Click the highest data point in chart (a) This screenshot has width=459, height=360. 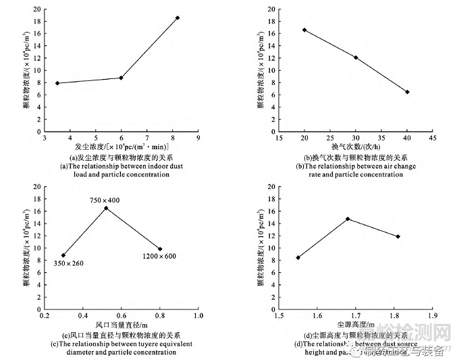click(178, 18)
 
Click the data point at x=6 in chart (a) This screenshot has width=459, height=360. click(122, 78)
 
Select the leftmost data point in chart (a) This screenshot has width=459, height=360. click(57, 83)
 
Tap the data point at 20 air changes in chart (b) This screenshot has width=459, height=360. click(304, 30)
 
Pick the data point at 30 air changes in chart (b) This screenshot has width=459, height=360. click(356, 57)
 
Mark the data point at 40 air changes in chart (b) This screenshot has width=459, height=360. click(407, 92)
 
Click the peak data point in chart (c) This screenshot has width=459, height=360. click(105, 207)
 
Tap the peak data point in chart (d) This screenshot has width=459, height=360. click(348, 219)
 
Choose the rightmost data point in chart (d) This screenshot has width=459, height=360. click(398, 236)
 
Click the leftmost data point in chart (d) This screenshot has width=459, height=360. click(298, 257)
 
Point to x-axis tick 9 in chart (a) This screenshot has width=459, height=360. click(198, 139)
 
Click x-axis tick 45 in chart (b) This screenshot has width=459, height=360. click(433, 139)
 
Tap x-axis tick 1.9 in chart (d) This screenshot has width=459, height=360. click(433, 315)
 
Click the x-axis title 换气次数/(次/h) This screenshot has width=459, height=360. click(356, 147)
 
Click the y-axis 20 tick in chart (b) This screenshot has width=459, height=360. click(271, 9)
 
